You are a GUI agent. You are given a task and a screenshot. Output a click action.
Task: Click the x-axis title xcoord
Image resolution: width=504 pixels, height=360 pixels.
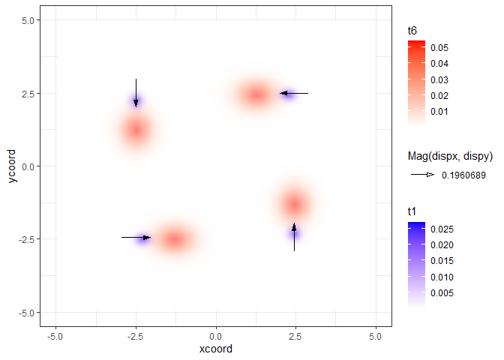216,349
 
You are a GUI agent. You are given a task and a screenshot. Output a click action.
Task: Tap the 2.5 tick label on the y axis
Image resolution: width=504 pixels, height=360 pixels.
27,94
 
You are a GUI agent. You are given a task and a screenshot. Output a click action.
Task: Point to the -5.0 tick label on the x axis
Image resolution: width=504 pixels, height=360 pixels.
55,336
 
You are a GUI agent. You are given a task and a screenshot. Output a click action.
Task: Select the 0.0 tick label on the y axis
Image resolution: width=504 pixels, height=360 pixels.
27,166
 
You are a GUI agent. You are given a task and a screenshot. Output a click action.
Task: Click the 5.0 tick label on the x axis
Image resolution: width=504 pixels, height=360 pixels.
376,336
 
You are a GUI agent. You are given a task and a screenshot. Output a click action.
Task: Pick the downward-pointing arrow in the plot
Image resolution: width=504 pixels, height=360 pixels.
136,93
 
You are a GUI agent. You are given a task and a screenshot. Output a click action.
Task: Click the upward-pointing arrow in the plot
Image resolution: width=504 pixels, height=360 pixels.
294,237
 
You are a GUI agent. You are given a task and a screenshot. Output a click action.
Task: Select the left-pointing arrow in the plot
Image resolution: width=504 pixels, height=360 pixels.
294,93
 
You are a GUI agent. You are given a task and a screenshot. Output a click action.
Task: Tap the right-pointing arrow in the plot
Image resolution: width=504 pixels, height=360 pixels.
136,237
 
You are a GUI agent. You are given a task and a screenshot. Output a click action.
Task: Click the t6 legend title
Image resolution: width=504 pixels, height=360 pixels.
412,31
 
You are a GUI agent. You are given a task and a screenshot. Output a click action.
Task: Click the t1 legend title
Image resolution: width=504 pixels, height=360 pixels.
412,212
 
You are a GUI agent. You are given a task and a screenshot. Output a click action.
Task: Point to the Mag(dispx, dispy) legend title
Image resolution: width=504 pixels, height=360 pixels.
449,156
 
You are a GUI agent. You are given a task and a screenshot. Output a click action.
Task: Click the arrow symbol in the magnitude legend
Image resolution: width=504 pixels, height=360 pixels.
421,175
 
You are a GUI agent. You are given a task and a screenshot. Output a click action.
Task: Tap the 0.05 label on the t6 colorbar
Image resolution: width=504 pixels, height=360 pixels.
439,48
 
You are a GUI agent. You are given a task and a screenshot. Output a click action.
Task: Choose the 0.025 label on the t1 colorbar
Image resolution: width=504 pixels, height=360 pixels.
442,229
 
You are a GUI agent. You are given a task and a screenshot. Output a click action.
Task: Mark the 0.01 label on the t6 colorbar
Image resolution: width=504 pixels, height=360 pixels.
439,112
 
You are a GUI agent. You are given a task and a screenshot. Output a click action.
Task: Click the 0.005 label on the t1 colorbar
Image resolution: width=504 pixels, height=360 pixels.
442,293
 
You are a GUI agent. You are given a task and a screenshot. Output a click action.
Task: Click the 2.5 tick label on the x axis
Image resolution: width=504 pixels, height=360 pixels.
296,336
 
